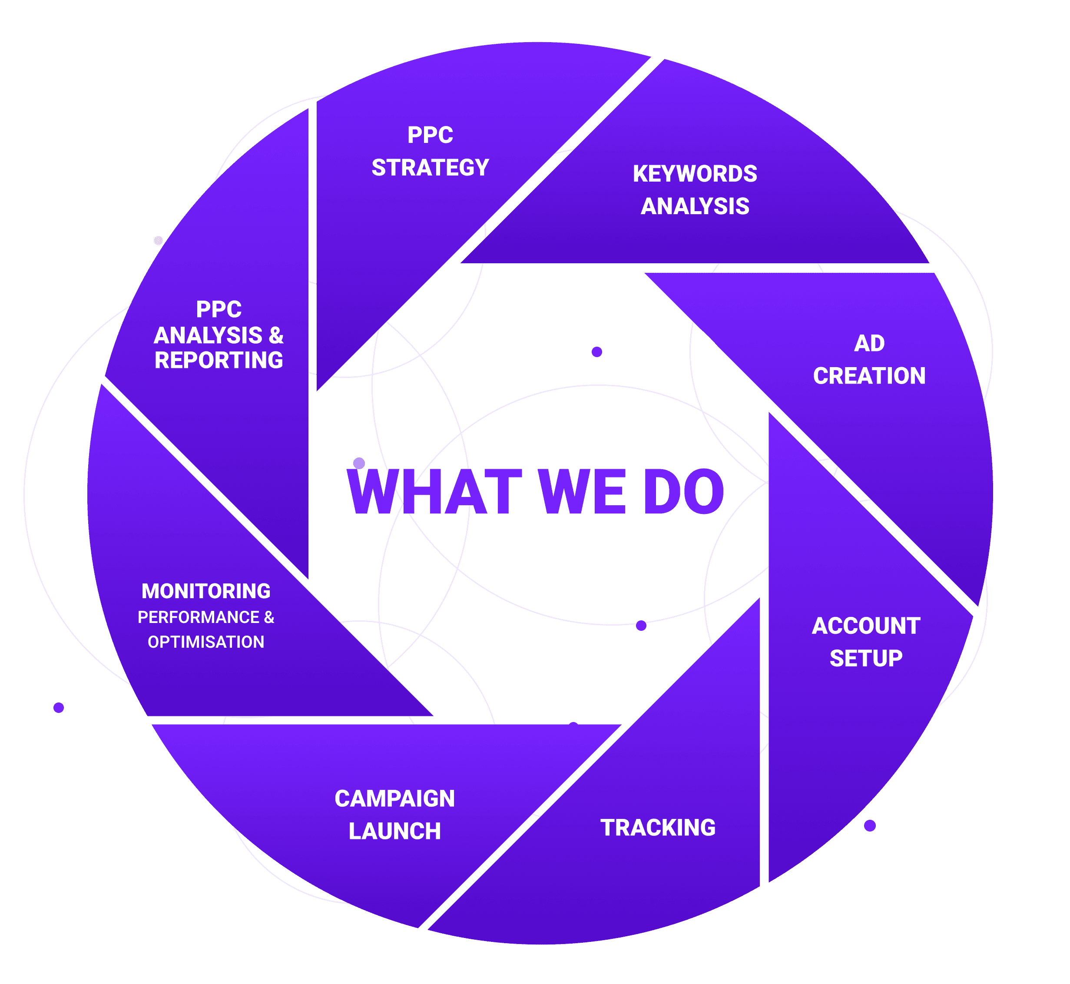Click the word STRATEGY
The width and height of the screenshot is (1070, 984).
(430, 168)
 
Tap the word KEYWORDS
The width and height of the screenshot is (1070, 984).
(695, 174)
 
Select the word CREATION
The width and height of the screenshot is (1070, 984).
(869, 376)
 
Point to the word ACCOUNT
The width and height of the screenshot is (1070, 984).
(866, 626)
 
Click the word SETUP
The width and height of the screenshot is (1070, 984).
(866, 659)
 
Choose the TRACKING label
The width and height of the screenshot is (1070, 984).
(658, 828)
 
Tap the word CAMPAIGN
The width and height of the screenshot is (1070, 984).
(394, 798)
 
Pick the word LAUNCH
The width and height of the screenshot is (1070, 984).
(394, 831)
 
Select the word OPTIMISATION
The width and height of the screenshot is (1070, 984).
(206, 642)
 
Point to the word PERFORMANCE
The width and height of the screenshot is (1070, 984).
(198, 617)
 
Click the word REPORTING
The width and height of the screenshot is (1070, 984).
(219, 361)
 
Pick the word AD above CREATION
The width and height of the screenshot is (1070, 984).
(869, 344)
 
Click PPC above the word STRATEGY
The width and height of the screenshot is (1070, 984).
(430, 135)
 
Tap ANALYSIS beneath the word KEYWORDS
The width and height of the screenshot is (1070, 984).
(695, 207)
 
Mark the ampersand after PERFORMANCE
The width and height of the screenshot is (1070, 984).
(269, 617)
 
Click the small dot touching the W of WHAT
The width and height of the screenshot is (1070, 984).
(359, 463)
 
